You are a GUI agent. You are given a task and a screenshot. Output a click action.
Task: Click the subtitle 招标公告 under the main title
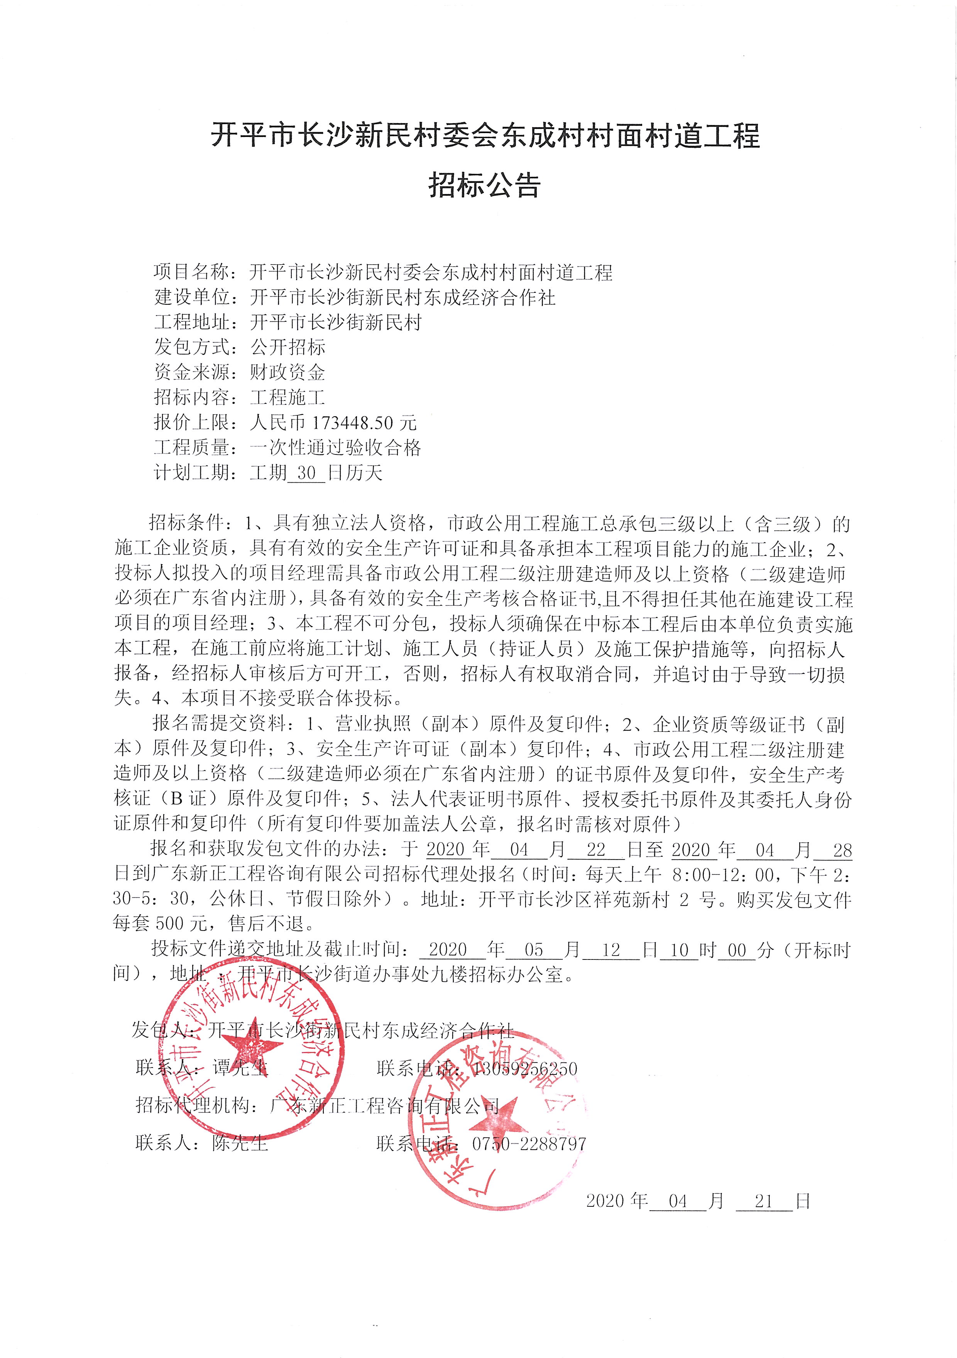point(484,185)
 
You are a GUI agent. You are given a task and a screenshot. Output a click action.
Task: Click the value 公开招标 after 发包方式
point(287,347)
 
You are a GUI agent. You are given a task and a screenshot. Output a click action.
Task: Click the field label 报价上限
point(191,422)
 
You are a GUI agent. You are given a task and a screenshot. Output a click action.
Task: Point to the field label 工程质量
point(191,448)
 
